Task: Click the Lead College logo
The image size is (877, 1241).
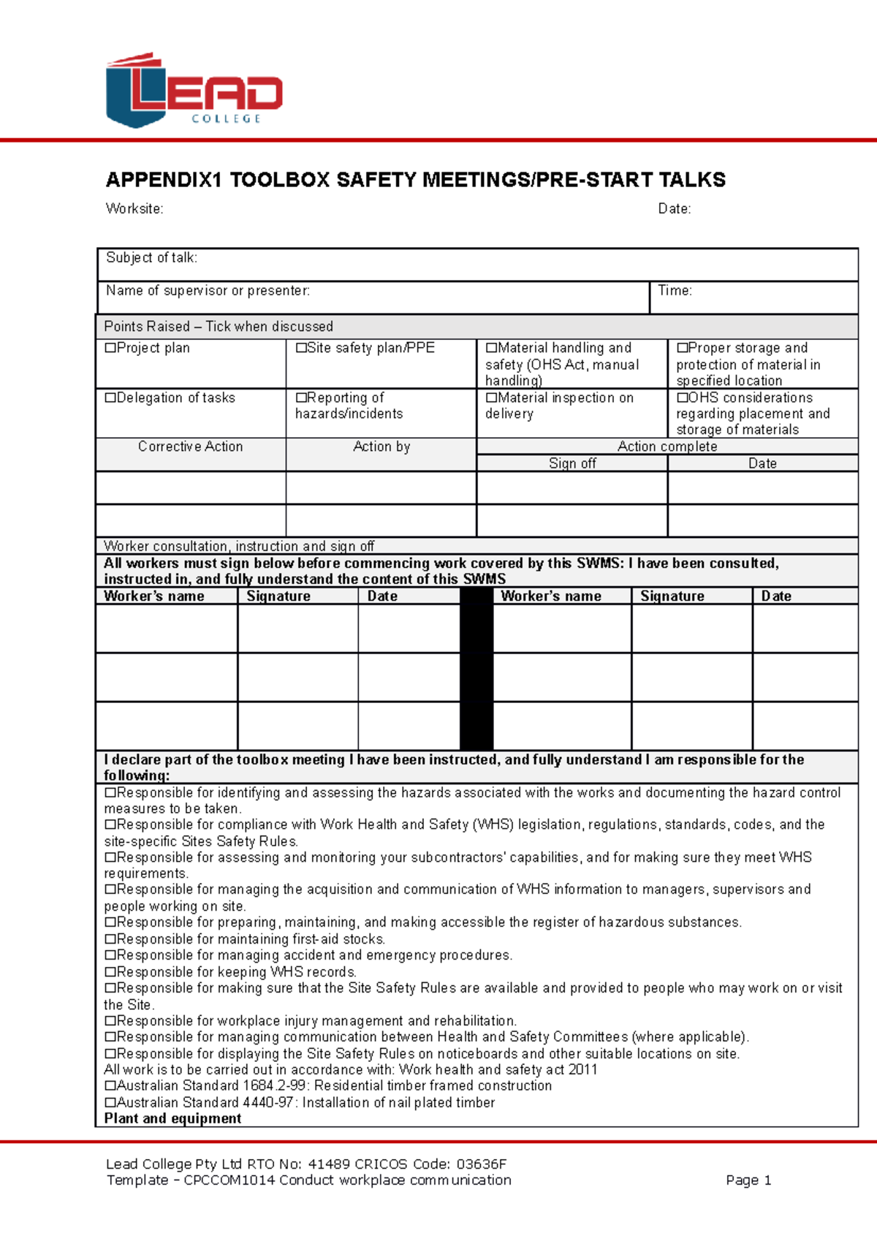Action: point(194,91)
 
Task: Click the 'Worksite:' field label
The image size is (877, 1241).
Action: point(134,209)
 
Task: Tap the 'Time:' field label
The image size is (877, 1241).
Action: point(675,291)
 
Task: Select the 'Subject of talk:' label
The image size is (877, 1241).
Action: point(151,258)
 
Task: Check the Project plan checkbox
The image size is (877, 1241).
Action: point(110,348)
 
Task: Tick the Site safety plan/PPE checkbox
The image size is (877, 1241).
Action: point(301,348)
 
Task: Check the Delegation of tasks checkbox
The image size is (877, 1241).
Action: point(110,398)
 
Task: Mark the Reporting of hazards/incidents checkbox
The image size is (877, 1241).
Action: point(301,398)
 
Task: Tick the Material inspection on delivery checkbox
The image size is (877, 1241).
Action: point(491,398)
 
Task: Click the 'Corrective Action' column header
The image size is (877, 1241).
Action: point(190,447)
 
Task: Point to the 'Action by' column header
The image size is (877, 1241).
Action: point(381,447)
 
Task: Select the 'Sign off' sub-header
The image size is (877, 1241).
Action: point(572,463)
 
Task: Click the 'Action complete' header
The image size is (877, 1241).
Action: point(667,447)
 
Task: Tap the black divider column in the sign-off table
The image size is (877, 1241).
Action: point(477,669)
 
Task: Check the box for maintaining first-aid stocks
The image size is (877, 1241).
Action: point(110,939)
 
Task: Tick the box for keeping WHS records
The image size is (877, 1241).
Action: point(110,972)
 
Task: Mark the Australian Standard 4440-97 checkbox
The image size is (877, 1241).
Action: point(110,1102)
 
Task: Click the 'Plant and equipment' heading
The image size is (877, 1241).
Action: point(172,1119)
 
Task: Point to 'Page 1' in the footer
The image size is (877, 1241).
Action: point(748,1180)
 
